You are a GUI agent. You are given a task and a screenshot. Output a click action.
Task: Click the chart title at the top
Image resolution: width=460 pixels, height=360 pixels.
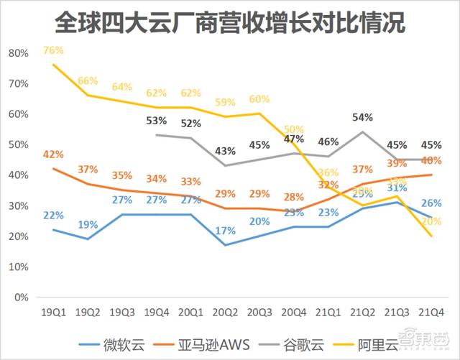coord(229,21)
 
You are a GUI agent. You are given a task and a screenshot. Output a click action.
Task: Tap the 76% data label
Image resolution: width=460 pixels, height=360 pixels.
coord(53,50)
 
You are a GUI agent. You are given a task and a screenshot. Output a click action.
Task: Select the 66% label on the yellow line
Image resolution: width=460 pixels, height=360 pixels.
coord(88,80)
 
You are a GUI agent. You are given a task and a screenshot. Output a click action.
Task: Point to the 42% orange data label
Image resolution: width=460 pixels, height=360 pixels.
coord(53,154)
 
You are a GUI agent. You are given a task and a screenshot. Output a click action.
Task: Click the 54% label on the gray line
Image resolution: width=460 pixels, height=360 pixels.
coord(361,116)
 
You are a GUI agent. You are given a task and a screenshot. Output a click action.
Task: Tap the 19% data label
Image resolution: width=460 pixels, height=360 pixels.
coord(88,224)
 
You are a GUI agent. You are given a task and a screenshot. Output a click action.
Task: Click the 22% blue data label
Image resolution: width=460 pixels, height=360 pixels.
coord(53,215)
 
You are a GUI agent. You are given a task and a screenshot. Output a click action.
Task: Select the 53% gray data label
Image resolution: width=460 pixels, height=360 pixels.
coord(156,120)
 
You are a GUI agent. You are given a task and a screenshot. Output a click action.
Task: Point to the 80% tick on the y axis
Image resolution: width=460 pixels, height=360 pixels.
coord(19,53)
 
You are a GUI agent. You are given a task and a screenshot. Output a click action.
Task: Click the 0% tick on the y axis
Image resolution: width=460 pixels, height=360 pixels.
coord(21,297)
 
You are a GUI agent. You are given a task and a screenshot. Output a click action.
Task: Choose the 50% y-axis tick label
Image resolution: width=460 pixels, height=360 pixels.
coord(19,144)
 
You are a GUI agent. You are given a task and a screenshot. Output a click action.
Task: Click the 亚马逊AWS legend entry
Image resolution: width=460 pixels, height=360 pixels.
coord(208,343)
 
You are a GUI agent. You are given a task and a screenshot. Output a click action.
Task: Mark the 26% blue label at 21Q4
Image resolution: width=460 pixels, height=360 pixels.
coord(431,203)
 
